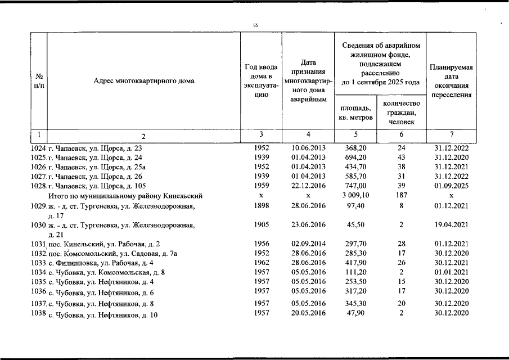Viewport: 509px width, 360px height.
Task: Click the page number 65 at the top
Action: [255, 25]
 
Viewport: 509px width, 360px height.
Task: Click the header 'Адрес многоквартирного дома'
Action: [144, 80]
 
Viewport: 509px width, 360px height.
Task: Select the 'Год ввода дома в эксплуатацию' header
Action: [260, 80]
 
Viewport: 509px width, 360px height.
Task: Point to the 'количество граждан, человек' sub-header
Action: [401, 112]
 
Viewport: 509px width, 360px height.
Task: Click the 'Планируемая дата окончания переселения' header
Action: [451, 81]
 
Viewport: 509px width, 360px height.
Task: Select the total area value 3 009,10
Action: [355, 196]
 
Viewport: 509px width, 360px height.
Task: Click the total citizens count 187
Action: [401, 196]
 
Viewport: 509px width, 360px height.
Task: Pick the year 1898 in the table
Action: [262, 206]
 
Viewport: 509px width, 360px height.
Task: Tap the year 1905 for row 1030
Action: [262, 225]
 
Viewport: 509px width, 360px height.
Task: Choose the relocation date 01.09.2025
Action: [451, 185]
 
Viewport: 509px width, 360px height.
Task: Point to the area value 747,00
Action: [355, 185]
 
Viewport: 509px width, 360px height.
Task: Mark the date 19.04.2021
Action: [451, 225]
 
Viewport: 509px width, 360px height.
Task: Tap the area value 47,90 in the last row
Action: [355, 313]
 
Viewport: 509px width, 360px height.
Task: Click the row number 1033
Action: [38, 263]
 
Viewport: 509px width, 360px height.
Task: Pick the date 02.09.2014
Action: [309, 244]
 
